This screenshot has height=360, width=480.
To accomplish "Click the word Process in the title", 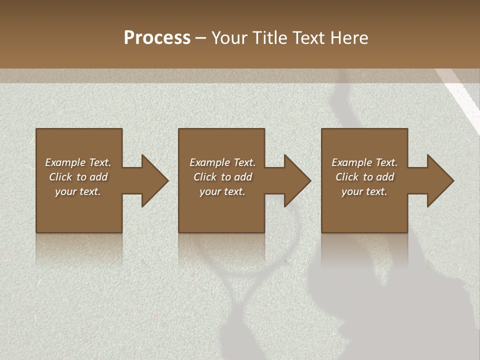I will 157,38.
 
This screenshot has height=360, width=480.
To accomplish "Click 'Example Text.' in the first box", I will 78,162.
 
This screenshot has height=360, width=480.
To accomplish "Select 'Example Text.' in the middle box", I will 222,162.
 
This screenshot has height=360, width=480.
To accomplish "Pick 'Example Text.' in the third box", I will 364,162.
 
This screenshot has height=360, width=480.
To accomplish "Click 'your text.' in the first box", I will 78,191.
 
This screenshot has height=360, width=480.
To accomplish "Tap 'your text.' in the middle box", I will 222,191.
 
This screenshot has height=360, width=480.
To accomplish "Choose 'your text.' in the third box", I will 364,191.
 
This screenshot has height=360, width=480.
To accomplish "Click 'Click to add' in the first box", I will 78,177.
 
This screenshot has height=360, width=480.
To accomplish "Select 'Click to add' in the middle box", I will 222,177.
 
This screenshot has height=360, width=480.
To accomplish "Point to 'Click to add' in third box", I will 364,177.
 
